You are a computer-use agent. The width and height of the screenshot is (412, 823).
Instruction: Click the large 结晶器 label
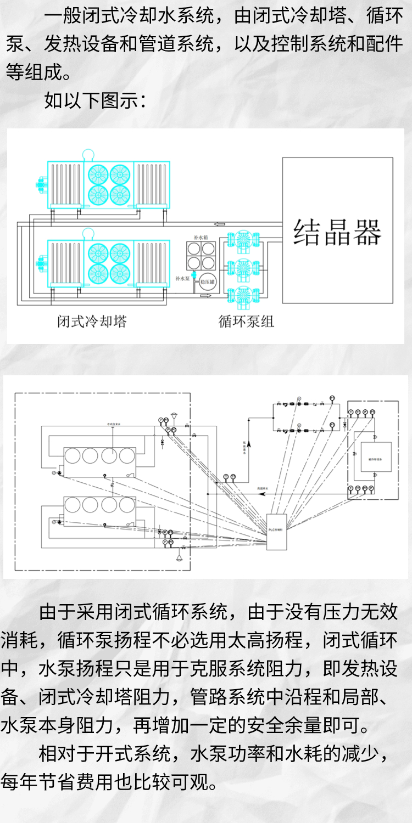[x=337, y=232]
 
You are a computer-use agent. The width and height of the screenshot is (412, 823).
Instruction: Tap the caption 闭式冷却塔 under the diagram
[x=92, y=321]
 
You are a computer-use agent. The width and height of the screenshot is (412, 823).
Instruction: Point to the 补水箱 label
[x=201, y=237]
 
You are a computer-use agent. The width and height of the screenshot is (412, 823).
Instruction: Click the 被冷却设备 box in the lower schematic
[x=377, y=456]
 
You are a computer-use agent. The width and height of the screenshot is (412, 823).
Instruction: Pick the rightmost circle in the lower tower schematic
[x=127, y=505]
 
